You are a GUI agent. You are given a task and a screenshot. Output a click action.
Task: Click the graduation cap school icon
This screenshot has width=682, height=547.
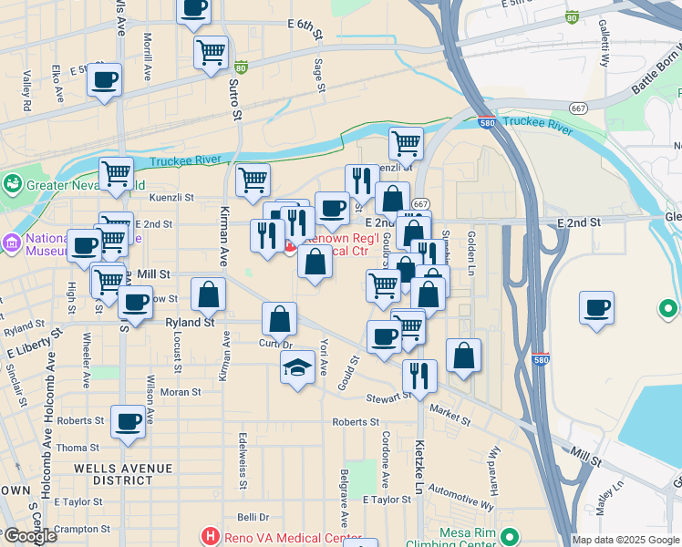(297, 367)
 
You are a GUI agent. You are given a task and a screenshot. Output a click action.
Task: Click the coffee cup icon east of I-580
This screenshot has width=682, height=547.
(597, 307)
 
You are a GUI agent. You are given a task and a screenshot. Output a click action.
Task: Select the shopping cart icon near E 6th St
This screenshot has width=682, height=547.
(212, 52)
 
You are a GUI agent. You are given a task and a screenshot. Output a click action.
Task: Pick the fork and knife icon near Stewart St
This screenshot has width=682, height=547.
(419, 376)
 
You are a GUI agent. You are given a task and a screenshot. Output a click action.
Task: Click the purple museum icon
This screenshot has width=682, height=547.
(11, 243)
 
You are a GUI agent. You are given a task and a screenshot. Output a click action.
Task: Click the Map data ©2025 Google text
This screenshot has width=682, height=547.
(626, 540)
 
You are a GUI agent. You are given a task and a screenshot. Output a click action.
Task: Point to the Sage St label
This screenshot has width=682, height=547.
(319, 76)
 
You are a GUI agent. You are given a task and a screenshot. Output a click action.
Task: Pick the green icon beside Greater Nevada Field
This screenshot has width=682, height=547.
(13, 183)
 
